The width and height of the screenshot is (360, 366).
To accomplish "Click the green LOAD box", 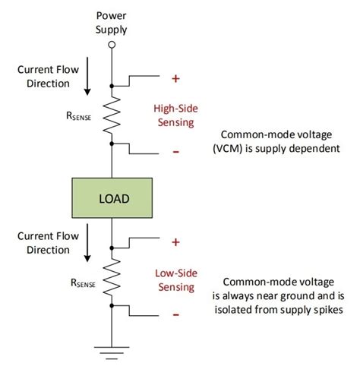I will click(x=112, y=198).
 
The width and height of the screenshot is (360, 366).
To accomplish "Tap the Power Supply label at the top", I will click(x=112, y=22).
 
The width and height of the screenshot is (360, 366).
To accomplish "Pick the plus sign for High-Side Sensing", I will click(x=175, y=77).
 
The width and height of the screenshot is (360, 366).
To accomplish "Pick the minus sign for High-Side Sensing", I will click(x=175, y=152).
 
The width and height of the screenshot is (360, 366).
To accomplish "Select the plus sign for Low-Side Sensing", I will click(x=175, y=242).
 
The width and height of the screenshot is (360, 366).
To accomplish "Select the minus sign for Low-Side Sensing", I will click(x=175, y=314).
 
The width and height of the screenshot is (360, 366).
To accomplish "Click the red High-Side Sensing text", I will click(x=175, y=115).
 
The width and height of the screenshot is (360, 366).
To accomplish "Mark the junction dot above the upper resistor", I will click(x=112, y=84).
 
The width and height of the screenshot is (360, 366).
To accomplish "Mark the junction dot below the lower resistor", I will click(x=112, y=306).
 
